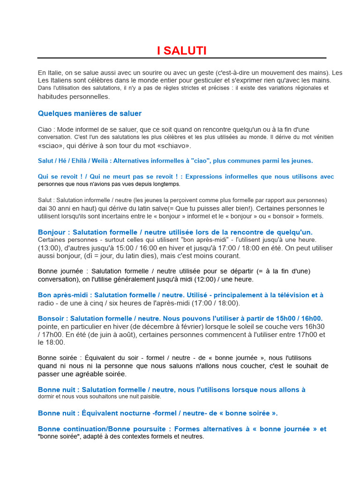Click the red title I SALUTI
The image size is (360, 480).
coord(182,51)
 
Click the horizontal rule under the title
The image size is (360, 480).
coord(182,58)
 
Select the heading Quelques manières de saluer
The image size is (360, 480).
coord(90,113)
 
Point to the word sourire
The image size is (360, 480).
coord(146,73)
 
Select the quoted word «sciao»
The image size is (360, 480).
coord(49,145)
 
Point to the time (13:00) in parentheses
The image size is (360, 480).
coord(48,247)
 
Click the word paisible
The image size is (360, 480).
coord(149,397)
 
